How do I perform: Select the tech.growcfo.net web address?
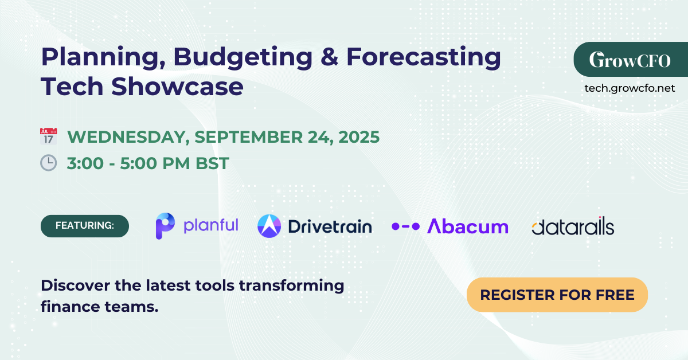click(x=630, y=88)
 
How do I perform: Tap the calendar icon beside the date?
click(x=48, y=136)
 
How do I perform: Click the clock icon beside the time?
click(x=48, y=163)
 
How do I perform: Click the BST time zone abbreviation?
click(x=212, y=163)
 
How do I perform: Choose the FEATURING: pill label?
click(x=85, y=226)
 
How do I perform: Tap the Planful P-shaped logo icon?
click(x=165, y=226)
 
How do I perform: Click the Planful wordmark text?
click(x=210, y=225)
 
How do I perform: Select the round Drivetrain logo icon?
click(x=269, y=226)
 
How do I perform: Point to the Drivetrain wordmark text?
click(x=330, y=226)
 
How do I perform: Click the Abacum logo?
click(x=450, y=226)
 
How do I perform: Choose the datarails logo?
click(x=572, y=227)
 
